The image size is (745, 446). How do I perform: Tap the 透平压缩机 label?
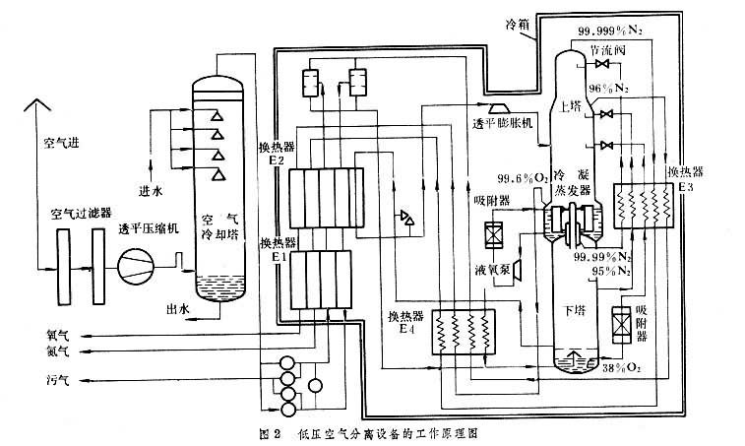point(149,229)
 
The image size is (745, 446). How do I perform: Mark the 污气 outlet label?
point(58,378)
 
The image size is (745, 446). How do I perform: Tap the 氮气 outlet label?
point(58,350)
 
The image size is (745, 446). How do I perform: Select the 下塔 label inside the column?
point(574,309)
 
